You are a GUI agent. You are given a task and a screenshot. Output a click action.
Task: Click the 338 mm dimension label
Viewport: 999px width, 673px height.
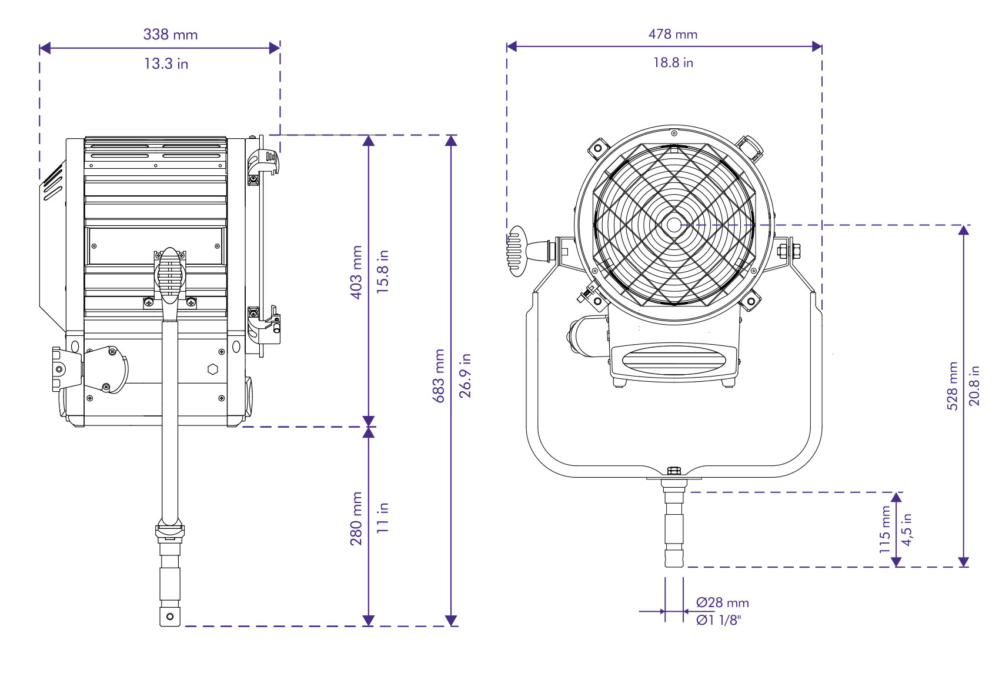[x=171, y=34]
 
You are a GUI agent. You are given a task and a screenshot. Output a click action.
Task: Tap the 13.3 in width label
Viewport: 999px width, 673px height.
[x=166, y=64]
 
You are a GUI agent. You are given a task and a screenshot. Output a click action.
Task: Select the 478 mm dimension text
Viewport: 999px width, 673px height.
[x=673, y=34]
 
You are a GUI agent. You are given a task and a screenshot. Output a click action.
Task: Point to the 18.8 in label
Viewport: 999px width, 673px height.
[x=673, y=62]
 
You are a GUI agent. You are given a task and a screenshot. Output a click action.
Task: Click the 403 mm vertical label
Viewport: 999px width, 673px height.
[x=356, y=272]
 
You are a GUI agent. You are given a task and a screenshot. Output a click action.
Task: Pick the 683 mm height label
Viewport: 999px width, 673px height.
[x=439, y=375]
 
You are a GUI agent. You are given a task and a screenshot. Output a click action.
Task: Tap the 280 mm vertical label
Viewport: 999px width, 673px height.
[x=356, y=518]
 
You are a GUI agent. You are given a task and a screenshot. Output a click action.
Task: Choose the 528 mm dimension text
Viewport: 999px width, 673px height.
[x=953, y=385]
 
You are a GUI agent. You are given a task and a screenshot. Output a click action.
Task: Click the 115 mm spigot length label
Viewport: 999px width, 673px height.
[x=885, y=529]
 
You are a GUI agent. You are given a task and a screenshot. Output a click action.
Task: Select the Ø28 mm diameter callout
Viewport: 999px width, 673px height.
[x=723, y=602]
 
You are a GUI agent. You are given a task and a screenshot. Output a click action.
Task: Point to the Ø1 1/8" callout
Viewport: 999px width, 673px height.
[x=719, y=620]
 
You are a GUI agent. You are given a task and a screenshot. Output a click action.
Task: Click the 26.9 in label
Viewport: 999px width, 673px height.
[x=465, y=375]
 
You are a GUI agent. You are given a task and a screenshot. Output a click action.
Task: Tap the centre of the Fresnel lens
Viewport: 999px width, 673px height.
[x=673, y=225]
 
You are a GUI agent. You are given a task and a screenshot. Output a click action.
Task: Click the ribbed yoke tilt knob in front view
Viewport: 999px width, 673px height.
[x=516, y=251]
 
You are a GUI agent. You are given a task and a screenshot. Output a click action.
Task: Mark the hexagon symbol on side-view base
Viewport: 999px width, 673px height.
[x=213, y=369]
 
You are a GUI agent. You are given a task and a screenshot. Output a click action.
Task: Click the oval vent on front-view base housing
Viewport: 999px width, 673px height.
[x=673, y=360]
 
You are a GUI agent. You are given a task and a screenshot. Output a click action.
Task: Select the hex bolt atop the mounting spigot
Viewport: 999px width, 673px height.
[x=674, y=471]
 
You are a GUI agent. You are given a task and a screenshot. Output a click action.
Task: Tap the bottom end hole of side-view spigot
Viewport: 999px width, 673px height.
[x=170, y=617]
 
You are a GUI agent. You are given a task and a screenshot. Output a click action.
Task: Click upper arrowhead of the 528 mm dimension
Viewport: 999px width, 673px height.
[x=963, y=230]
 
